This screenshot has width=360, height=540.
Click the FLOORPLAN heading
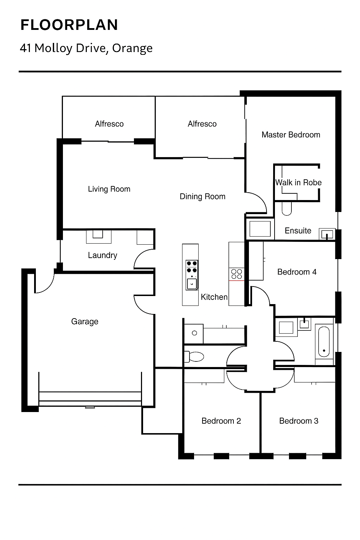(x=69, y=25)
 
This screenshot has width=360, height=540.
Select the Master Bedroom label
(x=291, y=135)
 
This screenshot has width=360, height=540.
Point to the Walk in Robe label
(x=298, y=182)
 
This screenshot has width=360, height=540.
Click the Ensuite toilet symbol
(x=287, y=208)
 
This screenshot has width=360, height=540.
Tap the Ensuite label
(x=298, y=231)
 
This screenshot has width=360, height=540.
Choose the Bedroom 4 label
(x=297, y=272)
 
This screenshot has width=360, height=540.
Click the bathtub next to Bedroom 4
(x=324, y=342)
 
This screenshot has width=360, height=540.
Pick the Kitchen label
(x=214, y=297)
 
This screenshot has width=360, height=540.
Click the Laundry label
(x=102, y=255)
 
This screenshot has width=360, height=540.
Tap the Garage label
(x=85, y=322)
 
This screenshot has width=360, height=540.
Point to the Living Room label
(x=109, y=189)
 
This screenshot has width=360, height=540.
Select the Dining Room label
(x=202, y=197)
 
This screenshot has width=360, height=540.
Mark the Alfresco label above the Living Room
(x=109, y=124)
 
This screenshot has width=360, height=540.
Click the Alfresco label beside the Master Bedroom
(x=202, y=124)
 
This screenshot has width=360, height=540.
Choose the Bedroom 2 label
(x=221, y=421)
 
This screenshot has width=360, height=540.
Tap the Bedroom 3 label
(x=299, y=421)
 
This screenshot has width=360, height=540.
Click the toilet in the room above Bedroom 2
(x=194, y=356)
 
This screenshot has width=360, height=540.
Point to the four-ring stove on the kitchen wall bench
(x=237, y=274)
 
